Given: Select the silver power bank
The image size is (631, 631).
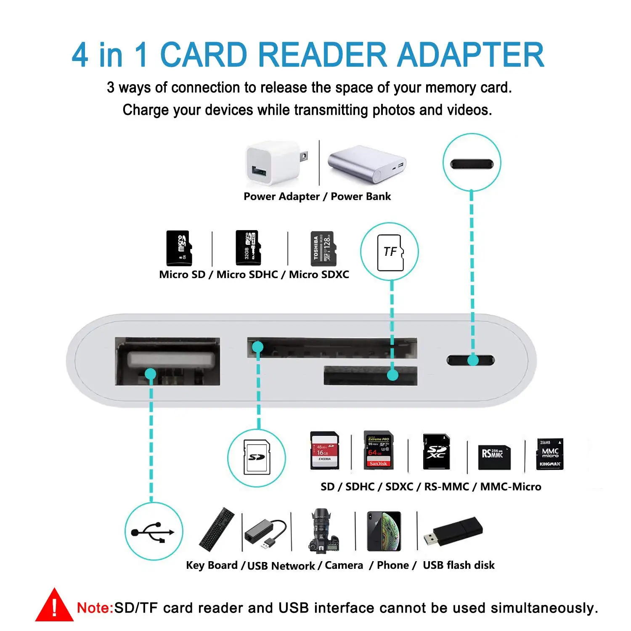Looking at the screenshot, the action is (366, 164).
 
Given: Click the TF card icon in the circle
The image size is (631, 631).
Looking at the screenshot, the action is (390, 252).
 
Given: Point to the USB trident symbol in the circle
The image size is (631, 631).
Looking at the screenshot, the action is (154, 532).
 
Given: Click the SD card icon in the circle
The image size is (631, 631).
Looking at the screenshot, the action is (256, 458).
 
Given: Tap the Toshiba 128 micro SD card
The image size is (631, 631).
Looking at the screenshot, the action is (322, 249).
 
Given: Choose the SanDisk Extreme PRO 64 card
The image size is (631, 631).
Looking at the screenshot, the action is (378, 451).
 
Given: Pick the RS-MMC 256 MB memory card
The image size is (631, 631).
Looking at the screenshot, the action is (494, 457).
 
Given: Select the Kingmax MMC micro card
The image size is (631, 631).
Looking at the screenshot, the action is (550, 454).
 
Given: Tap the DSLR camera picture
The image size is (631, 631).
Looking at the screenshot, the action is (322, 530).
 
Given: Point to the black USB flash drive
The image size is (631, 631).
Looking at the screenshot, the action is (453, 531).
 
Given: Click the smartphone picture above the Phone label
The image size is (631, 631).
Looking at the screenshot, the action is (384, 531).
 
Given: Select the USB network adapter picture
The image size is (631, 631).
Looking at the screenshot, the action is (265, 533).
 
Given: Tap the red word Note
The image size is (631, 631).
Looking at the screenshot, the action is (95, 608).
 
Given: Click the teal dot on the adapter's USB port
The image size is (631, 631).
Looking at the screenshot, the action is (150, 374).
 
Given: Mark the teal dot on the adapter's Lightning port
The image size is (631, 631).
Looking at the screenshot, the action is (473, 360).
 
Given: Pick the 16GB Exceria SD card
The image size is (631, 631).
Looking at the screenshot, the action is (324, 451).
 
